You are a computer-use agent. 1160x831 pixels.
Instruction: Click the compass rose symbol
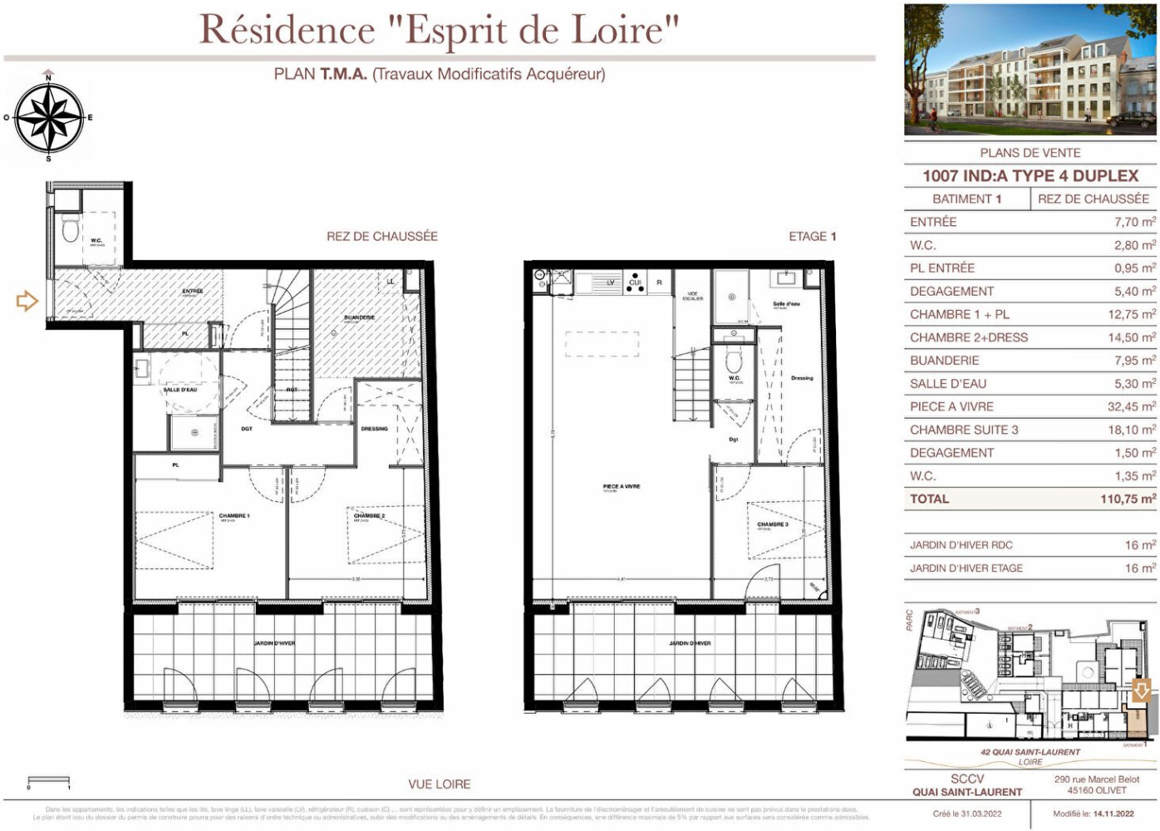[49, 118]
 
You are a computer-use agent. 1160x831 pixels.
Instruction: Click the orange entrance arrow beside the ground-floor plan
[27, 300]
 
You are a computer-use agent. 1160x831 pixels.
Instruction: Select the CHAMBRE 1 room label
[233, 516]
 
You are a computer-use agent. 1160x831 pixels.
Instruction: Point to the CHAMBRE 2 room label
[369, 516]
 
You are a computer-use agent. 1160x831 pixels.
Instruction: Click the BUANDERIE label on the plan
[359, 317]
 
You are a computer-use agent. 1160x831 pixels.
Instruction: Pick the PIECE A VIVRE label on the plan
[622, 486]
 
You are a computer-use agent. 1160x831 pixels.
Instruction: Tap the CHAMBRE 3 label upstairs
[773, 524]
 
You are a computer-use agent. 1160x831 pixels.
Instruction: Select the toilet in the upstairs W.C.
[733, 361]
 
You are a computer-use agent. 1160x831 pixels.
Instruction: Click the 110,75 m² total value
[1128, 499]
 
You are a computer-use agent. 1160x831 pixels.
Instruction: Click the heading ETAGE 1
[812, 236]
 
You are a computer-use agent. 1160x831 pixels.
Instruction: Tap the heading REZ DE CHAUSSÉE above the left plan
[381, 236]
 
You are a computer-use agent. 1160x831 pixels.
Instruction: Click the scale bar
[48, 781]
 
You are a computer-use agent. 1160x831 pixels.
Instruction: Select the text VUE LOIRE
[439, 784]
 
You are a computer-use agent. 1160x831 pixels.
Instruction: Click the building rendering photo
[1030, 70]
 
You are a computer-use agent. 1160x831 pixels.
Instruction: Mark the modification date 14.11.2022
[1113, 814]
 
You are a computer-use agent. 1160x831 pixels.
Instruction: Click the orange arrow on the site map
[1142, 690]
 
